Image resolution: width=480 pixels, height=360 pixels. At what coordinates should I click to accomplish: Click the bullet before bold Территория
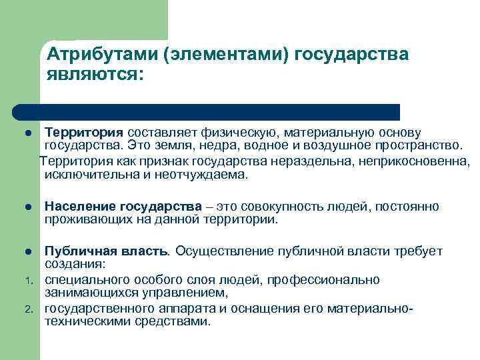click(x=28, y=133)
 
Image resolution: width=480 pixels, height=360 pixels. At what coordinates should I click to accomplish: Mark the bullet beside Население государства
click(x=28, y=207)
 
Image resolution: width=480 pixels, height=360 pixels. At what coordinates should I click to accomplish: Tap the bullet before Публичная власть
click(x=28, y=252)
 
